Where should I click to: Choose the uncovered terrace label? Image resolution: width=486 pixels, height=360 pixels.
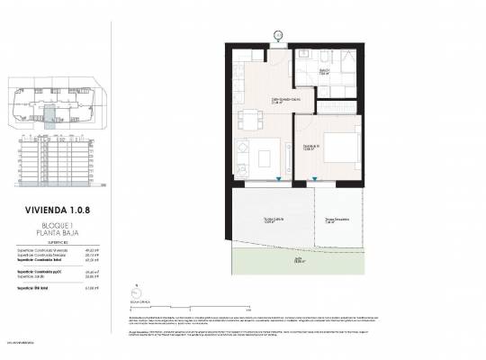click(336, 221)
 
